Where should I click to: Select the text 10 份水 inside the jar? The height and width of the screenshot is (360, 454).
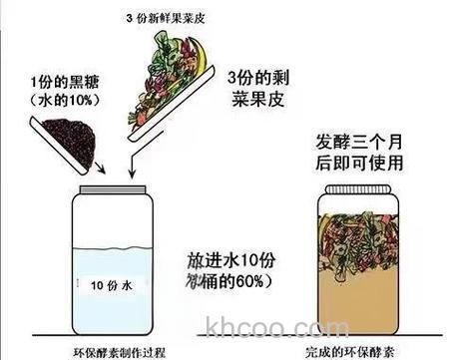103,282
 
